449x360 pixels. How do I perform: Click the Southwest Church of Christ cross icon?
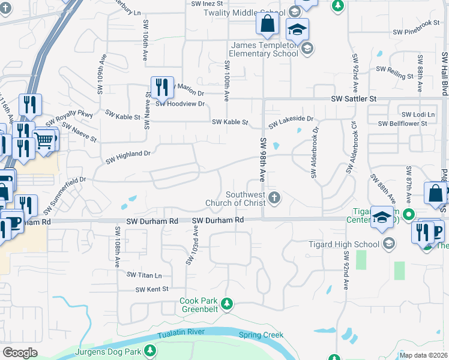click(x=275, y=198)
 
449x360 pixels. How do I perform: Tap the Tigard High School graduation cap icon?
click(x=388, y=244)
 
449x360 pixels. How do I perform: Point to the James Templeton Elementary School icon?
click(x=307, y=49)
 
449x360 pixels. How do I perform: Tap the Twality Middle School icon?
click(x=294, y=12)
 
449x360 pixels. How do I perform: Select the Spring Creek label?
click(x=261, y=335)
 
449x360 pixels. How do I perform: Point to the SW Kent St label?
click(x=152, y=289)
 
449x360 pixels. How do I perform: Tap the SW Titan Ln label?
click(x=144, y=275)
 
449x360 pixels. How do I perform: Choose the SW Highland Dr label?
click(x=128, y=157)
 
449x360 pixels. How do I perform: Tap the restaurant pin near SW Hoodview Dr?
click(x=162, y=88)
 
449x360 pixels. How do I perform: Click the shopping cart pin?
click(x=44, y=141)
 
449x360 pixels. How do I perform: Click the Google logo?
click(x=20, y=353)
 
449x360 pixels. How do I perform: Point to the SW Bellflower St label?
click(x=402, y=124)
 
